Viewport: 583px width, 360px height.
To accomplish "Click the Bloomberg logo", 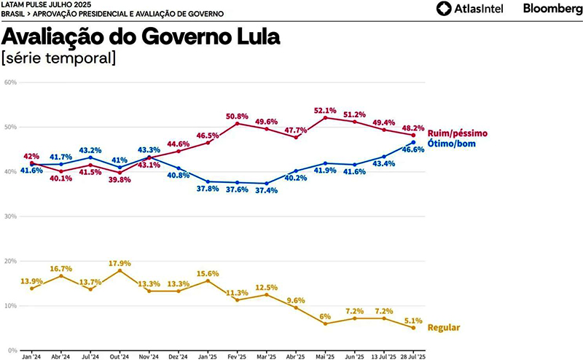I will coord(550,9).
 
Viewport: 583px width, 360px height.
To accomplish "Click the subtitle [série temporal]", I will coord(59,56).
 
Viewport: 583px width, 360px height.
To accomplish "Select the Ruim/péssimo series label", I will coord(457,133).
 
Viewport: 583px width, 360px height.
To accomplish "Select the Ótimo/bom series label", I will coord(453,144).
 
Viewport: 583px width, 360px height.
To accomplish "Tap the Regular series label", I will coord(443,328).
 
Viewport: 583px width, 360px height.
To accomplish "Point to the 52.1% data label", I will coord(324,111).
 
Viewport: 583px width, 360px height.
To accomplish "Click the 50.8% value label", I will coord(238,117).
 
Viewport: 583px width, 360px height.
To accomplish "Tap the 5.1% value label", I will coord(413,319).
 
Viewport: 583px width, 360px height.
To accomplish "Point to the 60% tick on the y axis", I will coord(10,82).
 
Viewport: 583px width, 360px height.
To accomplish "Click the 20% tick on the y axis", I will coord(10,261).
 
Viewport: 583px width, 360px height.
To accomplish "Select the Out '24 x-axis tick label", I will coord(120,356).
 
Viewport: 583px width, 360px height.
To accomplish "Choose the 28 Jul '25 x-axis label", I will coord(413,356).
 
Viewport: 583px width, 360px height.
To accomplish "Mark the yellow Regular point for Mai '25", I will coord(325,323).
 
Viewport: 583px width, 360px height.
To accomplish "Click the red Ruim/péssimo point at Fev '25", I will coord(238,123).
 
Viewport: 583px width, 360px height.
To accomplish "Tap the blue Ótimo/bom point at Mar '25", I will coord(267,184).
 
